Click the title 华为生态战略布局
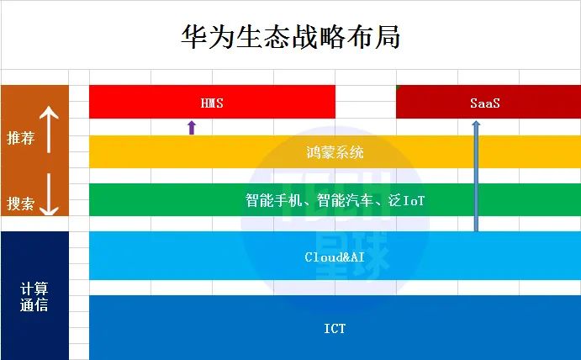click(x=291, y=37)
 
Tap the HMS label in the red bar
click(x=212, y=103)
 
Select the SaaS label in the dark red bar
click(x=484, y=103)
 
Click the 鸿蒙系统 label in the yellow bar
click(x=335, y=152)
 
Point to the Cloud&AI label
click(x=335, y=257)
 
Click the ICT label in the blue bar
click(x=335, y=329)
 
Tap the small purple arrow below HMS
click(x=191, y=127)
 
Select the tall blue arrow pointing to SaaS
click(x=476, y=176)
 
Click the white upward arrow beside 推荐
click(x=49, y=130)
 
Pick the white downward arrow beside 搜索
click(x=49, y=194)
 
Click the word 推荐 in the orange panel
click(x=20, y=138)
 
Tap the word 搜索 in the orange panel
click(x=20, y=204)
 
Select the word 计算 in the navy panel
click(x=34, y=288)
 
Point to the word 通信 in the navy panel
click(x=34, y=304)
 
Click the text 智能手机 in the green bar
click(x=274, y=200)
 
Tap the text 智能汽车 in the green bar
click(x=345, y=200)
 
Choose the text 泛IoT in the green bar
click(x=406, y=200)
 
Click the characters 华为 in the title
click(x=208, y=37)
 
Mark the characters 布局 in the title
click(x=373, y=37)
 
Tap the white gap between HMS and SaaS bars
click(x=366, y=102)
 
